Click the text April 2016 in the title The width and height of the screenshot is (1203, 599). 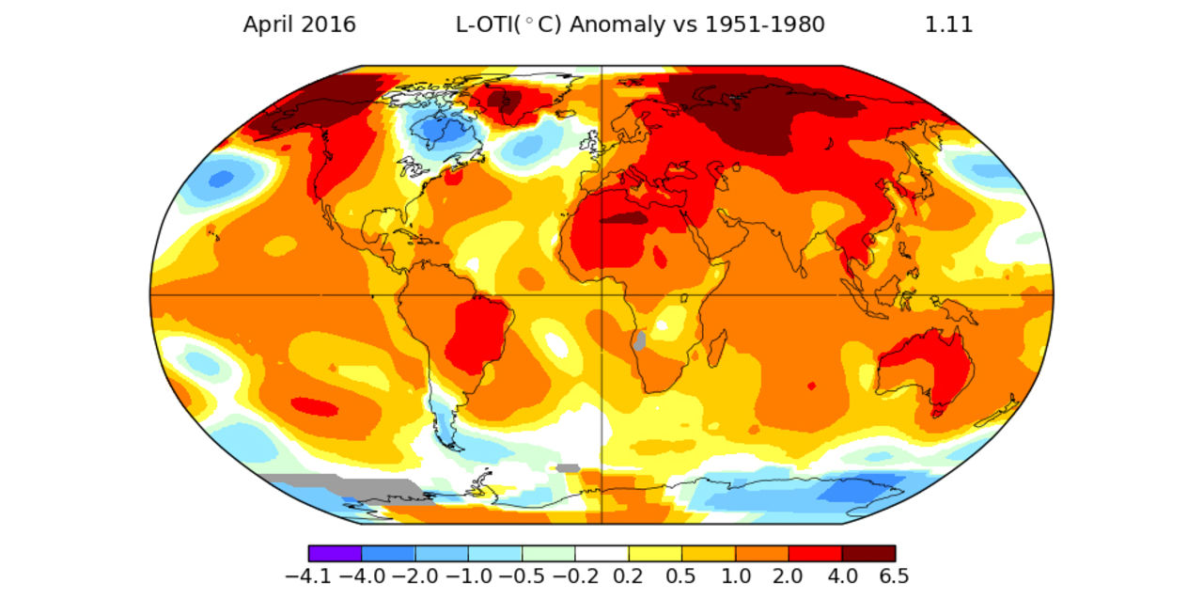tap(299, 25)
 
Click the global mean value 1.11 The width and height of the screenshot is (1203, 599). tap(948, 25)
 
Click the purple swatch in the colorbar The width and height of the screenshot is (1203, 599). tap(335, 553)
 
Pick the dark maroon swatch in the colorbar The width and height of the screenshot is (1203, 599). tap(868, 553)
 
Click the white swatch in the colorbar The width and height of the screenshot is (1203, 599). tap(601, 553)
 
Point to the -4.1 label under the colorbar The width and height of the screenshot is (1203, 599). tap(309, 575)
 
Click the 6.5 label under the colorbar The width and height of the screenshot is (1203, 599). tap(894, 575)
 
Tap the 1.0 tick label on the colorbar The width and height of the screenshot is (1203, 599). tap(735, 575)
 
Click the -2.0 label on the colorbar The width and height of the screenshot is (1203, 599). tap(414, 575)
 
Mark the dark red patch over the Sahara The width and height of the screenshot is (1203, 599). tap(625, 218)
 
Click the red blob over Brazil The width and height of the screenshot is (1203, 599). tap(477, 334)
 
